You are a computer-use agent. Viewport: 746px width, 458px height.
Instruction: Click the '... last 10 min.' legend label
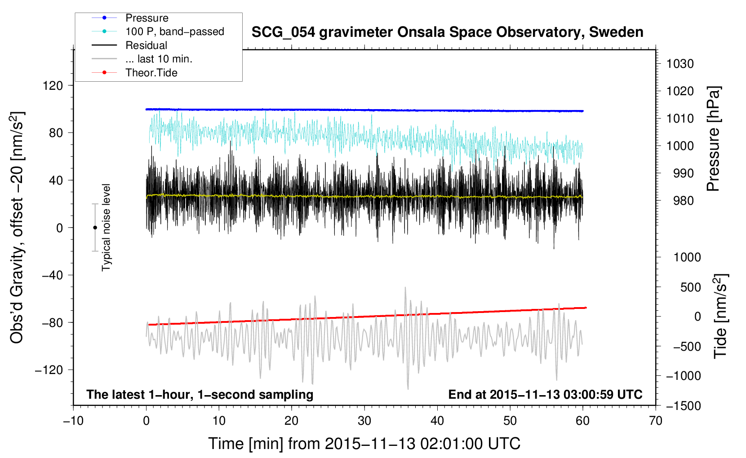159,59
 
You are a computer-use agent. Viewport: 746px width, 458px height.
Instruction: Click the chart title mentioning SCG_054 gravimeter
447,32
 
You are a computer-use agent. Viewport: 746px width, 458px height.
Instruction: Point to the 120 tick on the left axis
53,86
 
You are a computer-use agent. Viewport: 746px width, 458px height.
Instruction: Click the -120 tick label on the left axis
49,370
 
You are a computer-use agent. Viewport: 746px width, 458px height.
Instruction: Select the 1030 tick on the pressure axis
680,64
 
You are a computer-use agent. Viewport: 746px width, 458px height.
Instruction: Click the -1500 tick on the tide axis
684,406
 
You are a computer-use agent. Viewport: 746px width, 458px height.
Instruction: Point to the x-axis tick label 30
364,421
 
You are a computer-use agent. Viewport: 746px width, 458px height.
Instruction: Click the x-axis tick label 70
655,421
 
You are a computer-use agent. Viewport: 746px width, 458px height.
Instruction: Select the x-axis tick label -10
73,421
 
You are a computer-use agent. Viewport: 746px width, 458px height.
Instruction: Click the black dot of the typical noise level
95,228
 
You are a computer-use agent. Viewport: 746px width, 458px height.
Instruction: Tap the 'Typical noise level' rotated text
106,228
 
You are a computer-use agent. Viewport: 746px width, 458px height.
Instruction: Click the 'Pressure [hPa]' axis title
713,139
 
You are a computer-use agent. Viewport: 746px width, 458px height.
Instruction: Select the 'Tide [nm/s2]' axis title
721,316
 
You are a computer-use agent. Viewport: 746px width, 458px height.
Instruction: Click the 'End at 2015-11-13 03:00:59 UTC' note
545,394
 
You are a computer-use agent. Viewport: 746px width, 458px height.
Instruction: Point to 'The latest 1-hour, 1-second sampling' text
200,395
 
